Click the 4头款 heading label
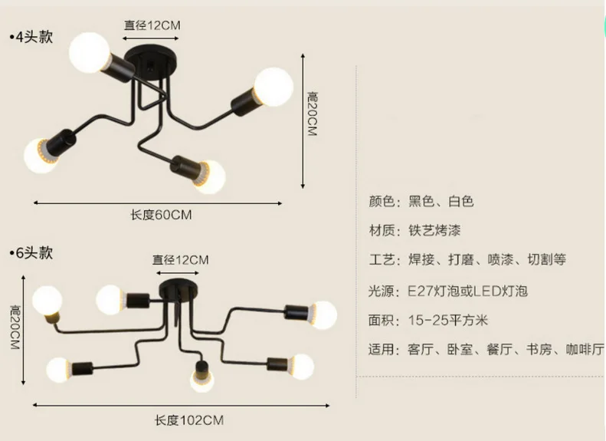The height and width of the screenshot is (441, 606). (32, 37)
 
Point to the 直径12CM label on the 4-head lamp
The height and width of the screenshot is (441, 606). (152, 25)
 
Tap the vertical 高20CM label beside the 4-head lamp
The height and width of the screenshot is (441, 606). (312, 114)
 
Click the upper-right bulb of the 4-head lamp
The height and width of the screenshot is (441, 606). (274, 85)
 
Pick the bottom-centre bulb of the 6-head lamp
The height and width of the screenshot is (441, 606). (202, 378)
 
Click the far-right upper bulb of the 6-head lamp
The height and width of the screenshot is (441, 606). (320, 314)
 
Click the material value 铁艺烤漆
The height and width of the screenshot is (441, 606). (434, 230)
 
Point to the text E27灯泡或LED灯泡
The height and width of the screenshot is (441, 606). (467, 291)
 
